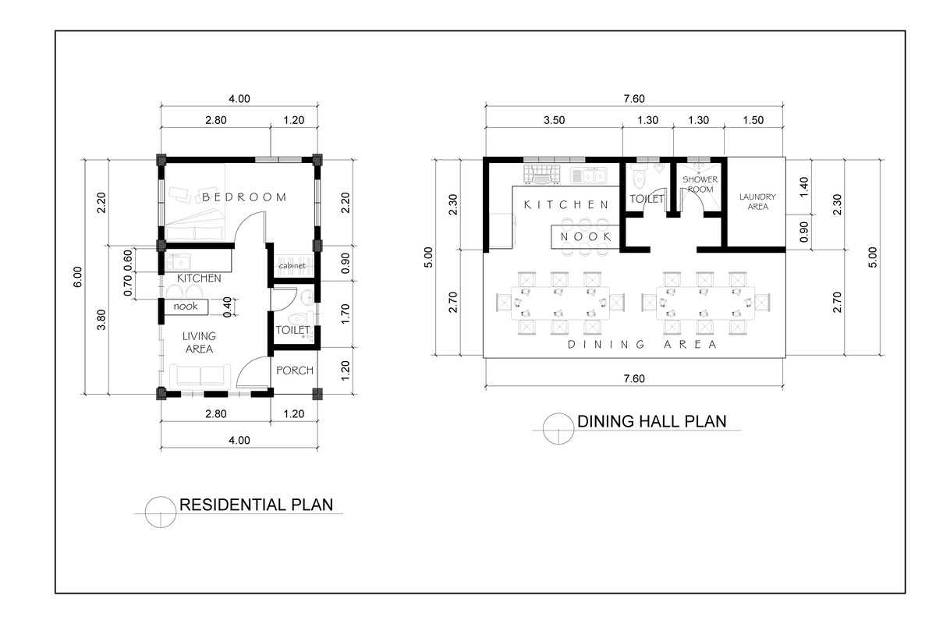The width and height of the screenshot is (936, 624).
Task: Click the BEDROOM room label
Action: (244, 197)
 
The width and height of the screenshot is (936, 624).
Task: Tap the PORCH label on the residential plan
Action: (295, 370)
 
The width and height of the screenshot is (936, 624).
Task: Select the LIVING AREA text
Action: (198, 343)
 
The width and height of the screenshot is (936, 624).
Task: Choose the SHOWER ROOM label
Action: (700, 184)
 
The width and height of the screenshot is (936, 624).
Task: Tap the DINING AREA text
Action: (642, 344)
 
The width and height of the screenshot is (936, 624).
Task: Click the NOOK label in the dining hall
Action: (586, 236)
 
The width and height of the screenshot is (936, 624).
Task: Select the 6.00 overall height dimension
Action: (77, 277)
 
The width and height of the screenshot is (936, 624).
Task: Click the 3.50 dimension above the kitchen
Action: (553, 120)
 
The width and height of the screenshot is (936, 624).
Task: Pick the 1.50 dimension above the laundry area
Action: (753, 120)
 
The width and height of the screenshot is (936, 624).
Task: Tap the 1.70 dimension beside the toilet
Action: (346, 313)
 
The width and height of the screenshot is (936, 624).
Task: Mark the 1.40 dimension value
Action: (805, 186)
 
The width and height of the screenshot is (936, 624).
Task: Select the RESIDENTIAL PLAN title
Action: (256, 505)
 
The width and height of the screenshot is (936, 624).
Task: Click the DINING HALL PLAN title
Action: (651, 422)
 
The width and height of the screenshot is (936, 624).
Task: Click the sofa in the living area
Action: (203, 375)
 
